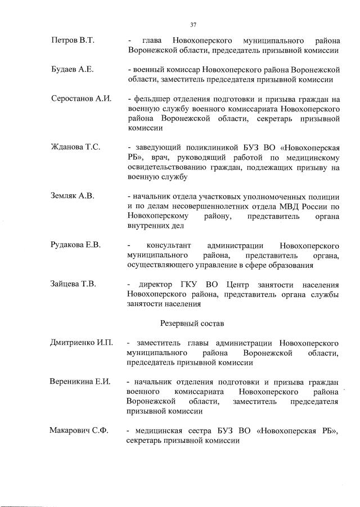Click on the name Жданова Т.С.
75,147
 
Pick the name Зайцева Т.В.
73,284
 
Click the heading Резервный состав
192,323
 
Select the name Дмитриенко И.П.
81,343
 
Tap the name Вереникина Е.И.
79,382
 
